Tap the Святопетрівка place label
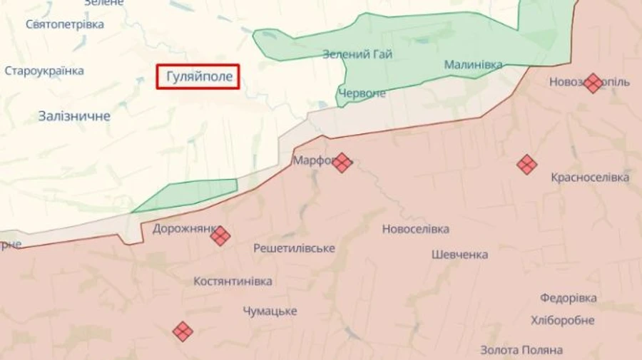coord(65,24)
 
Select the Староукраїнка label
coord(44,71)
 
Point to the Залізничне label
coord(74,116)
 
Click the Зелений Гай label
coord(357,54)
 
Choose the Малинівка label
coord(473,65)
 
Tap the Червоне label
coord(362,93)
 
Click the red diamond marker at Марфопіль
coord(342,163)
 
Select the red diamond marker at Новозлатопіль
coord(593,83)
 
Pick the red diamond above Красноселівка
coord(527,165)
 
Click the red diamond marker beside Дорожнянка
coord(220,236)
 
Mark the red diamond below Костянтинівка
coord(183,331)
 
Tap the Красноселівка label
coord(590,178)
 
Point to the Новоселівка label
coord(415,229)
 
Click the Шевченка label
coord(460,254)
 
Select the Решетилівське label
coord(295,248)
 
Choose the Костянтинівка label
coord(233,282)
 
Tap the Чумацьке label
coord(270,312)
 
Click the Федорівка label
coord(568,298)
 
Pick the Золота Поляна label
coord(521,350)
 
